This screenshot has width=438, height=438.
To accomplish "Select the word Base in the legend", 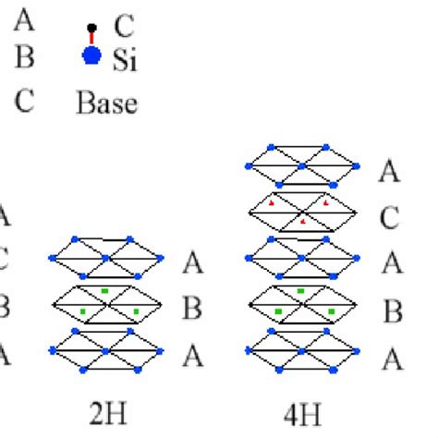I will click(x=106, y=103).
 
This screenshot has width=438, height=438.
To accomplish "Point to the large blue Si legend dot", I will click(x=91, y=57).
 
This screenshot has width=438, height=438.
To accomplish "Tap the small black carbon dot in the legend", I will click(x=91, y=25).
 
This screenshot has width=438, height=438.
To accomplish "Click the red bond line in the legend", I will click(x=91, y=39).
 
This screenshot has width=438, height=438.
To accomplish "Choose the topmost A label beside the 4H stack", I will click(x=390, y=171).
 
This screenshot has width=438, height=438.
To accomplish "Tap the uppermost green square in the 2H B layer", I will click(x=107, y=293).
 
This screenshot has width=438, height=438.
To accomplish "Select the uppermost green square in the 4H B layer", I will click(x=301, y=293).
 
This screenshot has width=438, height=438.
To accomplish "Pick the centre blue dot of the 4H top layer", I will click(x=302, y=165).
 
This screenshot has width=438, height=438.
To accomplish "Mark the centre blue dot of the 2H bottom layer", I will click(x=107, y=348).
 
